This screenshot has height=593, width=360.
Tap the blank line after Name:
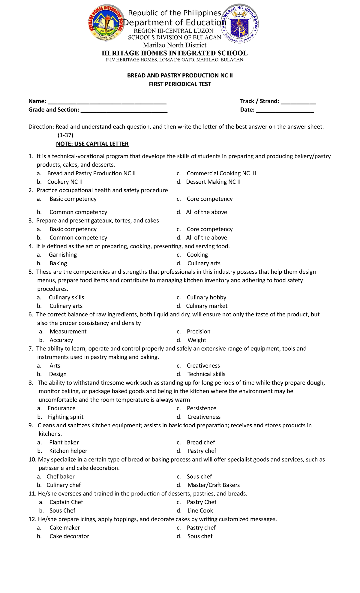pos(107,102)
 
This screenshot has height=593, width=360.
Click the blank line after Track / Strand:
pos(298,102)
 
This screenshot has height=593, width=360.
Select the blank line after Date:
pos(285,111)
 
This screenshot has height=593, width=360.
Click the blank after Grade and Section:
pos(124,111)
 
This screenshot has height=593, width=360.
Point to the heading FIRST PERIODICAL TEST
pos(180,84)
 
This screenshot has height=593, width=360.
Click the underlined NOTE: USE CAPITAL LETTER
pos(92,144)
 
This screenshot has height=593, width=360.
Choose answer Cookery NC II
pos(65,182)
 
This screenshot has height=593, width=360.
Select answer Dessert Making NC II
pos(213,182)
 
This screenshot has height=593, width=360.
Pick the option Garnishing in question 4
pos(63,255)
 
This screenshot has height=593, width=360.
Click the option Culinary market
pos(206,306)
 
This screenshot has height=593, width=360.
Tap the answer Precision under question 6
pos(198,332)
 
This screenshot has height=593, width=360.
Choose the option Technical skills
pos(206,374)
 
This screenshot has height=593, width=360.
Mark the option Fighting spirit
pos(65,417)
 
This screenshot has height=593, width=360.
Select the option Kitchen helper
pos(68,451)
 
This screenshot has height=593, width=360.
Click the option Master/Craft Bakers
pos(213,485)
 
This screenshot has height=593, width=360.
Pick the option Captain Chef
pos(66,502)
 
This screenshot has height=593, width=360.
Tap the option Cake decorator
pos(69,536)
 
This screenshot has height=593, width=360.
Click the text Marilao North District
pos(175,45)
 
